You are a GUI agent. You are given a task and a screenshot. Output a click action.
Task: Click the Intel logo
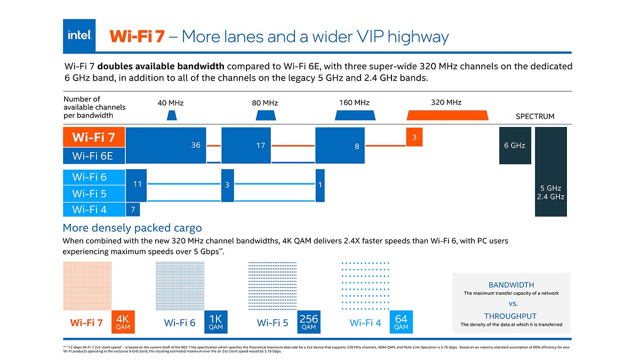tap(79, 35)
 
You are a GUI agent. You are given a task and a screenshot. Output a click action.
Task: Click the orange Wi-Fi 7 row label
tap(94, 137)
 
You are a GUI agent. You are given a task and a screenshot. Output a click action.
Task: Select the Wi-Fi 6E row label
tap(94, 156)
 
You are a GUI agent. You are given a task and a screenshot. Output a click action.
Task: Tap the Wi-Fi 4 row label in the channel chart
tap(90, 210)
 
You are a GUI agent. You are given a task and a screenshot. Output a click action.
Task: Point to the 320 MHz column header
tap(446, 102)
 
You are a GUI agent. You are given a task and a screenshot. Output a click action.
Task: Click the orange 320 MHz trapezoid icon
tap(447, 115)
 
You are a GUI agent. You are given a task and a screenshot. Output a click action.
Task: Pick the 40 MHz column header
tap(170, 103)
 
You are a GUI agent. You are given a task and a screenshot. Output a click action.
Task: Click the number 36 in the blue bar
tap(196, 146)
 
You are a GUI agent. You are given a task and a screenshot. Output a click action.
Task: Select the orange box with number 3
tap(414, 137)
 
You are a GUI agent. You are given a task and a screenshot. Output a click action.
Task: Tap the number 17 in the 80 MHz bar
tap(260, 146)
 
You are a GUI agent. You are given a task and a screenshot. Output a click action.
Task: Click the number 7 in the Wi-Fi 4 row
tap(133, 210)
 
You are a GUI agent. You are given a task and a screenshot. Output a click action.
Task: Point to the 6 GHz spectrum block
tap(515, 145)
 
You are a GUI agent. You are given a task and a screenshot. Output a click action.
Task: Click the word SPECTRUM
tap(535, 116)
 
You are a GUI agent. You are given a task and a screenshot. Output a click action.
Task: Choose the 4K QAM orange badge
tap(123, 322)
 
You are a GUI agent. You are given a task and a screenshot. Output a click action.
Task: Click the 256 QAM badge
tap(309, 322)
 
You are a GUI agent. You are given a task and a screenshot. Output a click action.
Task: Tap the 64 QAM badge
tap(401, 322)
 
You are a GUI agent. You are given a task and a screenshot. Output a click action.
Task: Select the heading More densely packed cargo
tap(132, 228)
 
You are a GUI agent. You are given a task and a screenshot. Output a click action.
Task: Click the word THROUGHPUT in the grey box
tap(510, 316)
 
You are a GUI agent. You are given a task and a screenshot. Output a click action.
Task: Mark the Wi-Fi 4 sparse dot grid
tap(365, 285)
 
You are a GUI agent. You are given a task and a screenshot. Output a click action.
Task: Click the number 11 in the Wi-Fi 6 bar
tap(137, 184)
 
